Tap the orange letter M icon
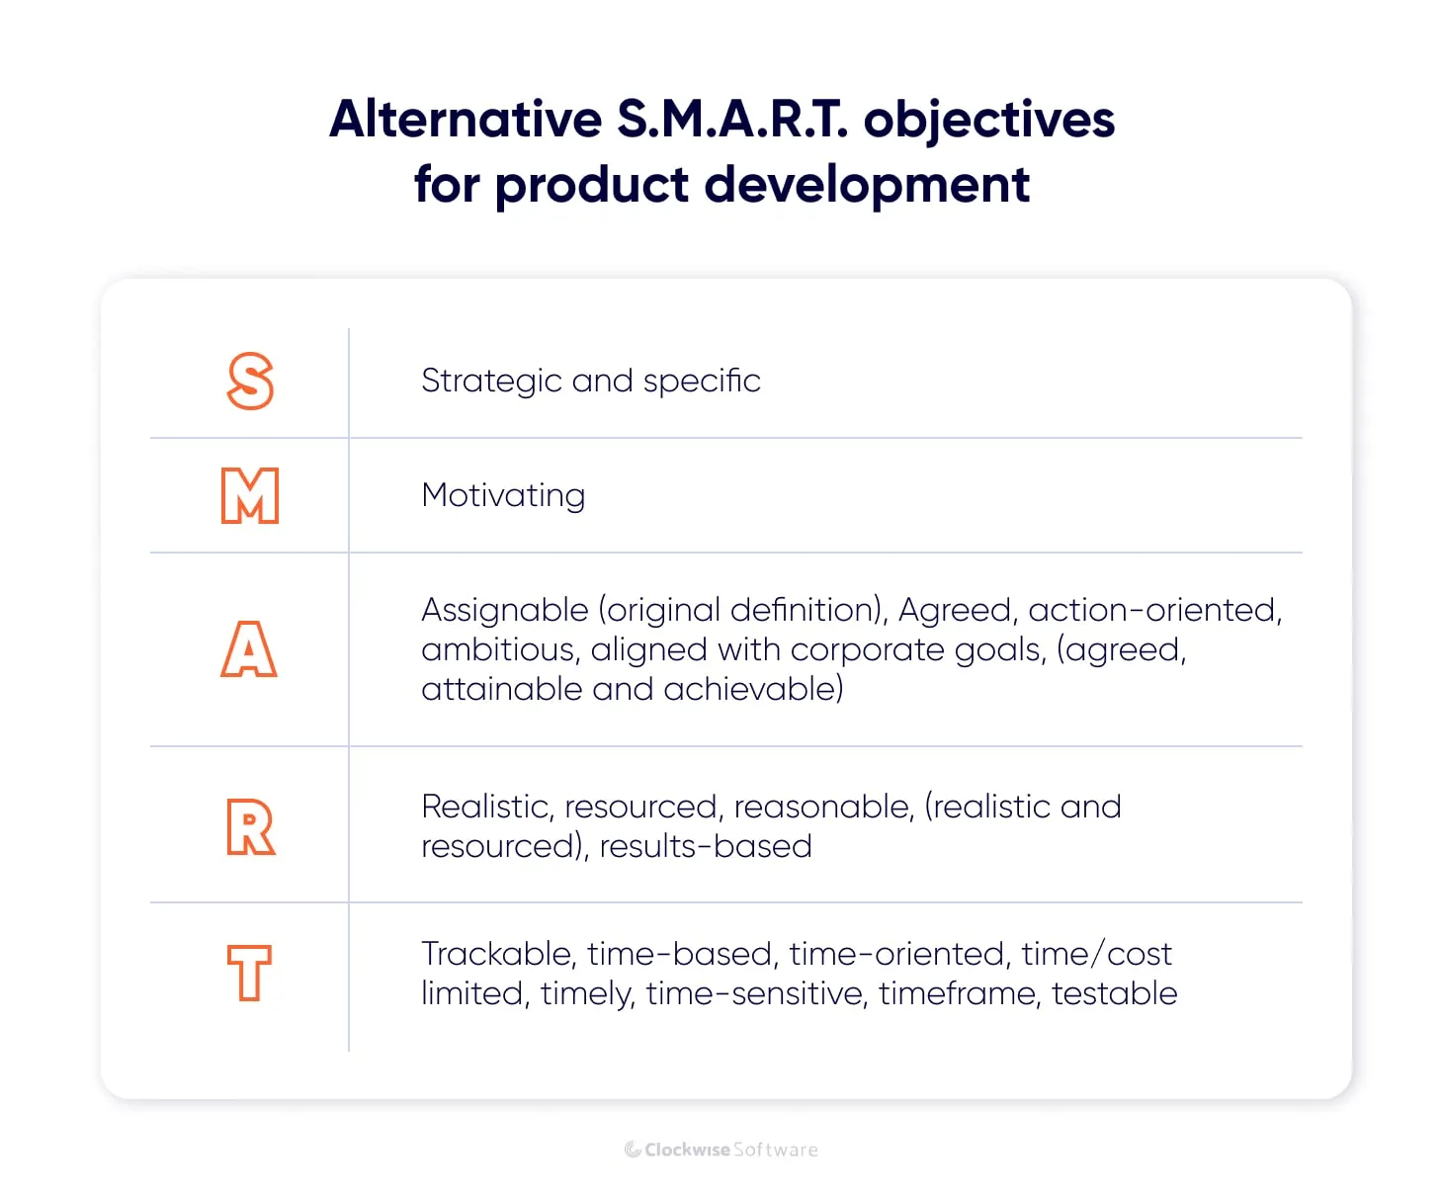(249, 495)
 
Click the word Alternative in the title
(466, 119)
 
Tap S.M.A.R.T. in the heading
(731, 119)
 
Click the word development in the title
(867, 185)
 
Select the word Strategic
(491, 381)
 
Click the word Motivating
(503, 495)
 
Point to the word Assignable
(504, 611)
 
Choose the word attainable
(502, 689)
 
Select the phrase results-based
(706, 846)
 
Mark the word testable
(1114, 993)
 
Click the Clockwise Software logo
(721, 1149)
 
